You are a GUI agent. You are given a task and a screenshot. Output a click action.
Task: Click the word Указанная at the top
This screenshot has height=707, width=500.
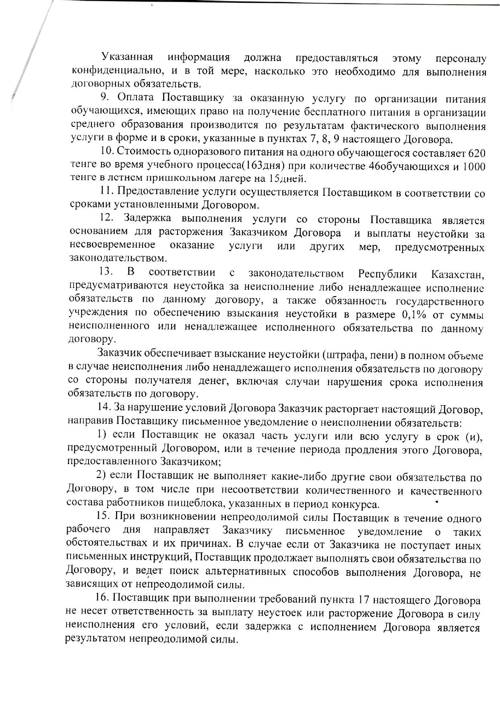(127, 58)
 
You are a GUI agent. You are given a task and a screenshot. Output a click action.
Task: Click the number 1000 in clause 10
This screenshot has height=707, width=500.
(473, 166)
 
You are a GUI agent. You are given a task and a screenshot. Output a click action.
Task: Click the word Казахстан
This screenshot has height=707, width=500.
(457, 275)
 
